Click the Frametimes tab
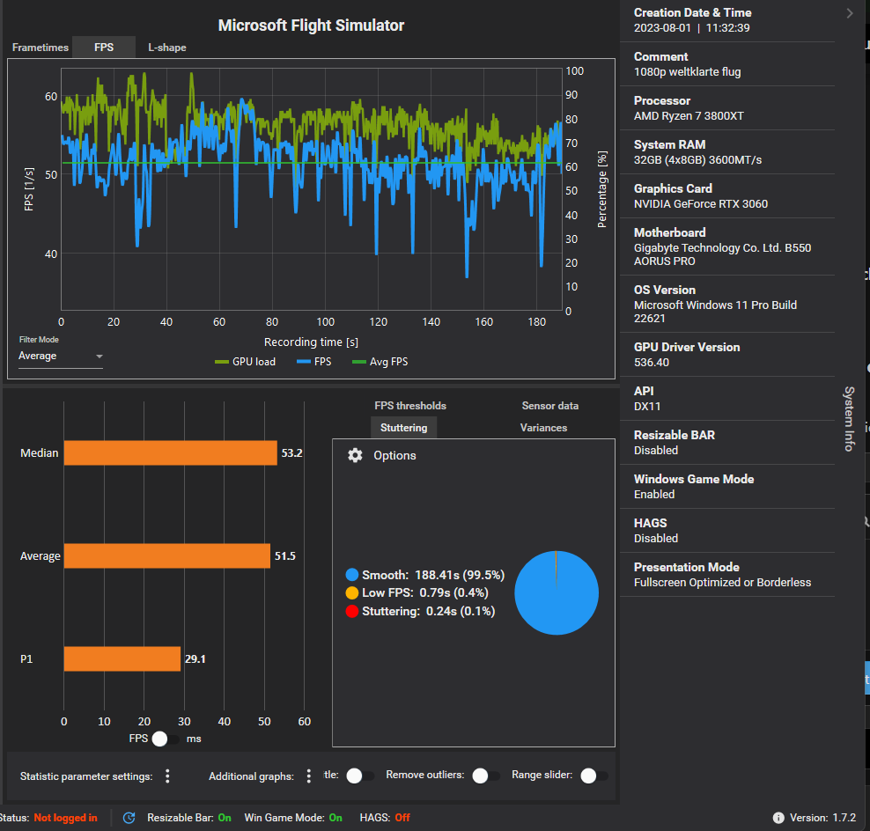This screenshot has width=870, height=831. pyautogui.click(x=40, y=48)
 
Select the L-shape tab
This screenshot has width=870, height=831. pyautogui.click(x=166, y=48)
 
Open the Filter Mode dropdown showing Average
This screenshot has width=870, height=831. pyautogui.click(x=60, y=357)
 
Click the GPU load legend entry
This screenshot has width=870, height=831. pyautogui.click(x=246, y=362)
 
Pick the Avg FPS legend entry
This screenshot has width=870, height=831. pyautogui.click(x=380, y=362)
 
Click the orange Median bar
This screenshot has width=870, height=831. pyautogui.click(x=170, y=453)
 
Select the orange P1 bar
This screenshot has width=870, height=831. pyautogui.click(x=122, y=659)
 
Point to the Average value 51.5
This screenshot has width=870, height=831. pyautogui.click(x=283, y=556)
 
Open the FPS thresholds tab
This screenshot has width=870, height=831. pyautogui.click(x=410, y=406)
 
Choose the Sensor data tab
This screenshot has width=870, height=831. pyautogui.click(x=549, y=406)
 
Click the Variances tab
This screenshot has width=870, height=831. pyautogui.click(x=543, y=428)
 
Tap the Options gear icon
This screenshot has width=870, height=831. pyautogui.click(x=355, y=455)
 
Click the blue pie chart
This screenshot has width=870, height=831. pyautogui.click(x=557, y=592)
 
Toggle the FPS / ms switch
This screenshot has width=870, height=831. pyautogui.click(x=165, y=739)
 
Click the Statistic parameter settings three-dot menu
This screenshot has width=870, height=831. pyautogui.click(x=167, y=776)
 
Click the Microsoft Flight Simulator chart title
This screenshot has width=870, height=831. pyautogui.click(x=311, y=26)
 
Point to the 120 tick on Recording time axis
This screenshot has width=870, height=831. pyautogui.click(x=379, y=322)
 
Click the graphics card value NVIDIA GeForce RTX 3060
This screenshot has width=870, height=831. pyautogui.click(x=700, y=204)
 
